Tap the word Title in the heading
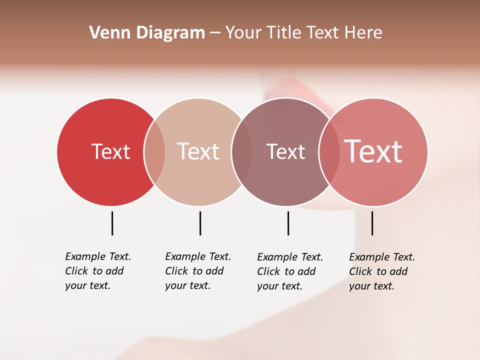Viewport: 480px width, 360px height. tap(283, 33)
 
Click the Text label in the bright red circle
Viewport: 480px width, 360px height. tap(110, 151)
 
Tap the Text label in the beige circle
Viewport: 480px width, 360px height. tap(198, 151)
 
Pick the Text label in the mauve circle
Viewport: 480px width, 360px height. tap(285, 151)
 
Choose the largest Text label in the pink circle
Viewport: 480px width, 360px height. tap(373, 151)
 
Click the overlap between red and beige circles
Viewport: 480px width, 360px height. tap(154, 151)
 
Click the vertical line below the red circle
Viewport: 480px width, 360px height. tap(112, 223)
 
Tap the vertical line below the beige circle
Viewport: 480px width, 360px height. tap(200, 223)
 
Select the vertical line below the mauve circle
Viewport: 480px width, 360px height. tap(288, 223)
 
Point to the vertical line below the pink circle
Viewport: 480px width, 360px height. tap(372, 223)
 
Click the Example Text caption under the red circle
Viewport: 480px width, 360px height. tap(98, 256)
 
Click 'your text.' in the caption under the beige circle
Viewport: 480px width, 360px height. tap(187, 286)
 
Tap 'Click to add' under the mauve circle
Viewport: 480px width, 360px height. tap(286, 271)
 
